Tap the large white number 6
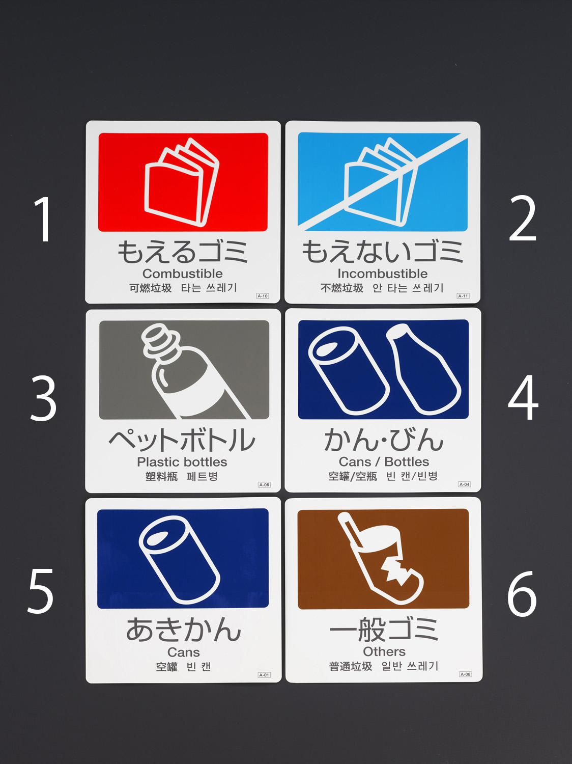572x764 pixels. (x=522, y=594)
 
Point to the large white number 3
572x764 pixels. (x=43, y=398)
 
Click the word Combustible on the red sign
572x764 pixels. (x=183, y=274)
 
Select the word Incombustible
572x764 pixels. (x=383, y=274)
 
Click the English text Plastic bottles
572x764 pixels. (x=182, y=462)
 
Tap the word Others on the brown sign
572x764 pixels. (x=384, y=651)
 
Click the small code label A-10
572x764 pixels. (x=263, y=296)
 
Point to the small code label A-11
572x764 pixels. (x=463, y=296)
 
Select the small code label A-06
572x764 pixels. (x=264, y=484)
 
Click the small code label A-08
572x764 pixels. (x=465, y=674)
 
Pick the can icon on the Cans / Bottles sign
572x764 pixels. (x=349, y=370)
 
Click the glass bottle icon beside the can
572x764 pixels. (x=423, y=369)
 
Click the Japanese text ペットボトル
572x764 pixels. (x=182, y=440)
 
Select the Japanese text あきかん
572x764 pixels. (x=183, y=630)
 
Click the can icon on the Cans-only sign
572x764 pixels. (x=180, y=560)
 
